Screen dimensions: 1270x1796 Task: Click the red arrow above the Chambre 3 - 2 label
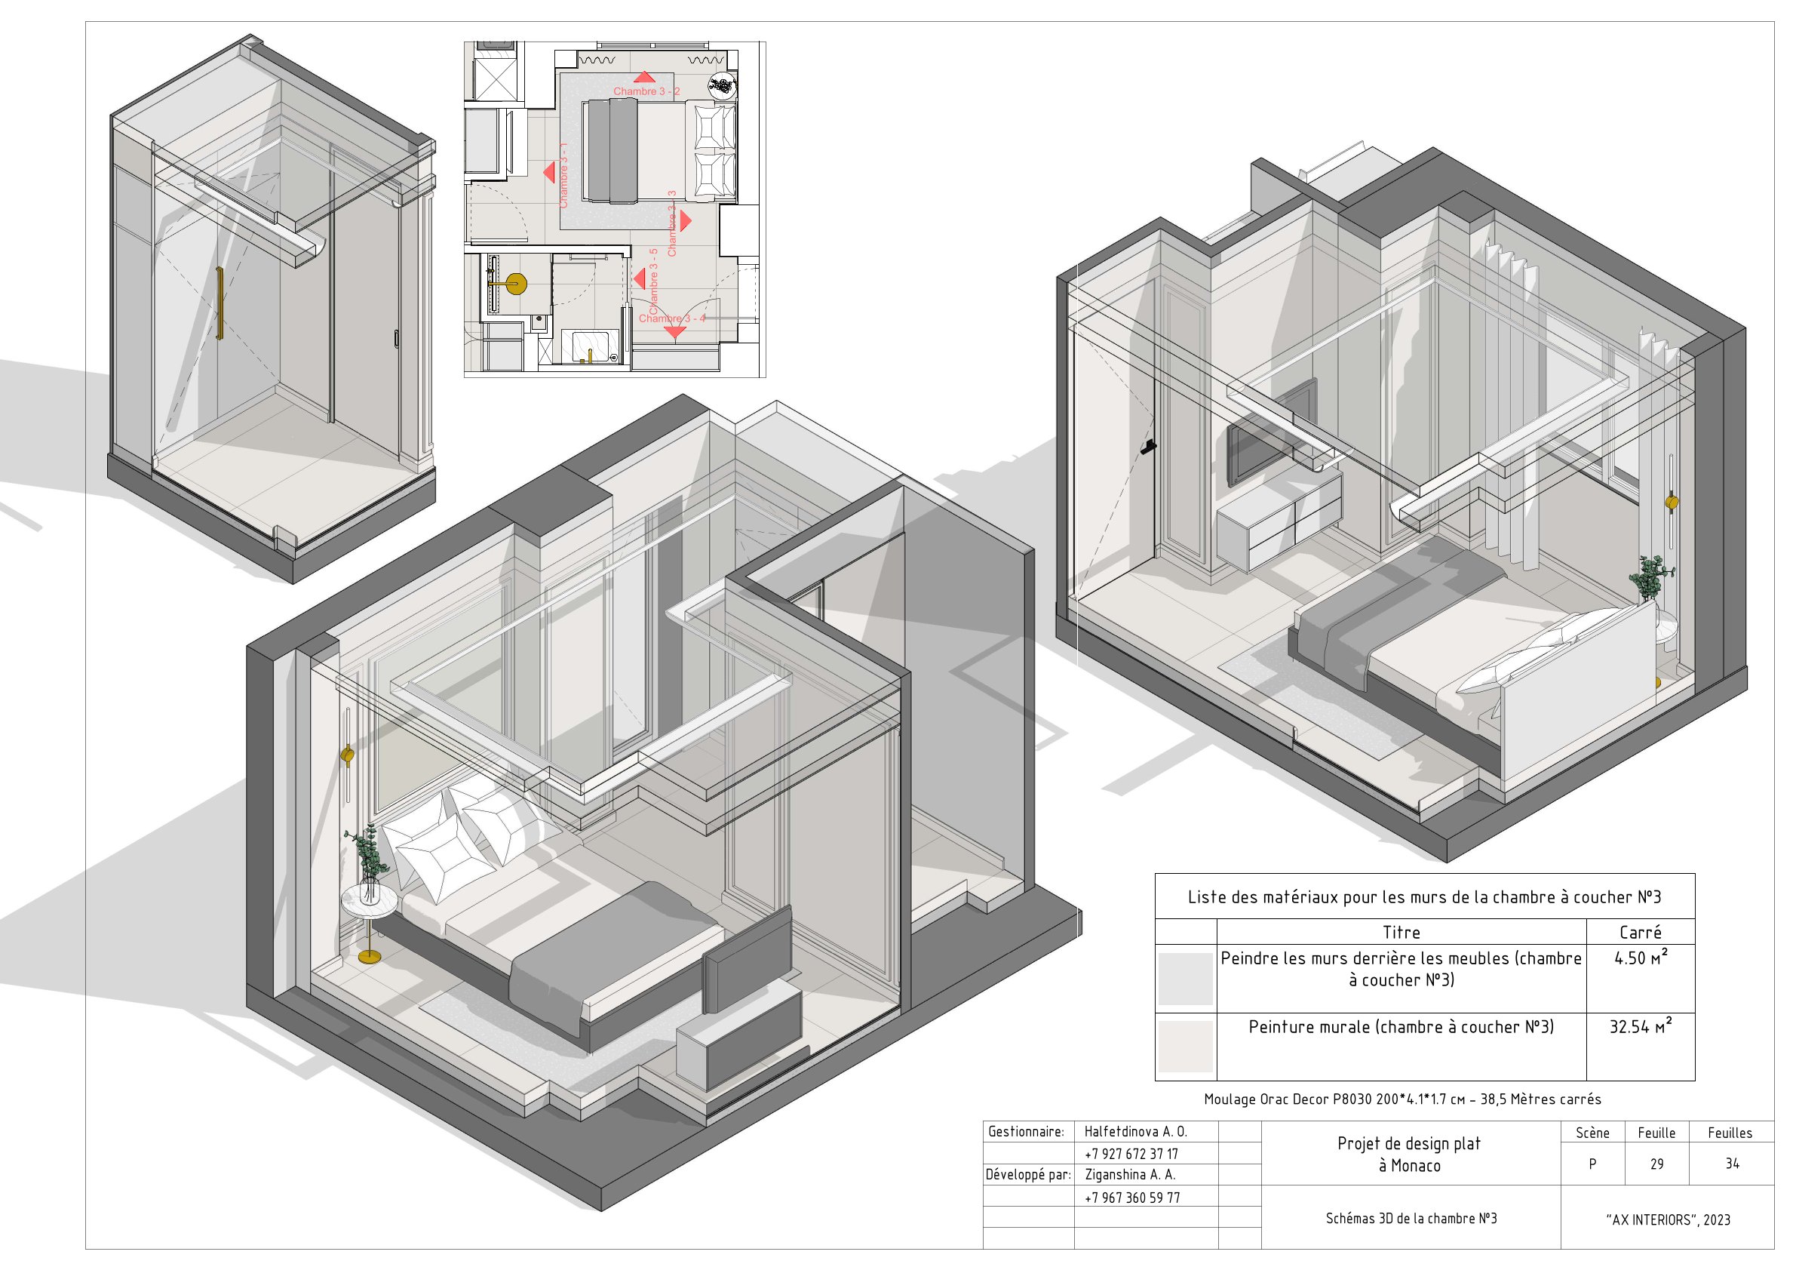click(x=643, y=77)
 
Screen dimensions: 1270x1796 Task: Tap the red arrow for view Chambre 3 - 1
click(x=550, y=171)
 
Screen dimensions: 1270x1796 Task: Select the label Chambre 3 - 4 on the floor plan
click(x=671, y=318)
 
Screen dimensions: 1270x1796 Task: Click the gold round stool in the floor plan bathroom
click(x=515, y=284)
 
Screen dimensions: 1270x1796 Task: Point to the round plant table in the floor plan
click(x=722, y=85)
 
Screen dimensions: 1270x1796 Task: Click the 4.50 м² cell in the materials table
click(x=1640, y=958)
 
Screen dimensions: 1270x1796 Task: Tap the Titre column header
click(x=1401, y=932)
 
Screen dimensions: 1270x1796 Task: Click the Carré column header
click(x=1640, y=932)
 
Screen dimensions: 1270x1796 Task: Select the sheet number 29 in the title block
click(x=1656, y=1164)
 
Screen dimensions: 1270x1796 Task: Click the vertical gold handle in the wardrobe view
click(x=220, y=303)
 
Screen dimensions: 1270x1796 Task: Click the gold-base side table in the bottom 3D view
click(x=368, y=924)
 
